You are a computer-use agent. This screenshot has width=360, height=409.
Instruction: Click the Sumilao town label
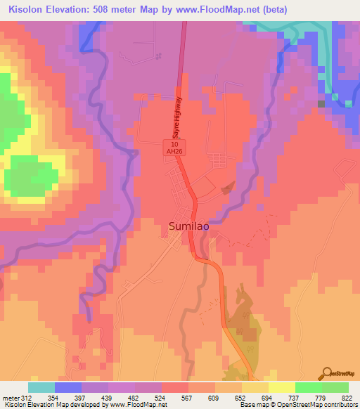point(190,226)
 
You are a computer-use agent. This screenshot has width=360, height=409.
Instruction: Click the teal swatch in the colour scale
point(41,387)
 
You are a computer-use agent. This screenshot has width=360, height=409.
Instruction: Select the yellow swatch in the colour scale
point(282,387)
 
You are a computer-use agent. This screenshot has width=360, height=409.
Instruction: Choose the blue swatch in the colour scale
point(68,387)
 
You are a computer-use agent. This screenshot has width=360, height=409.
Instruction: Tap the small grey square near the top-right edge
point(321,104)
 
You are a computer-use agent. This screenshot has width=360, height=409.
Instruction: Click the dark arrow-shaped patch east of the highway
point(227,188)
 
